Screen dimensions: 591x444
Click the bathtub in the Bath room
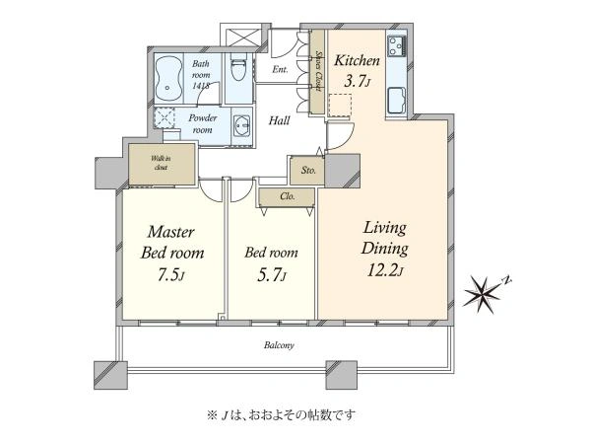click(168, 79)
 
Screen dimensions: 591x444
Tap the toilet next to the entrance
click(238, 67)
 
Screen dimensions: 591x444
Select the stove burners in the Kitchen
click(397, 46)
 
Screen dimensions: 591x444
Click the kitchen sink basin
click(396, 100)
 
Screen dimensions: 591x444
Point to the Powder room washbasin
click(241, 125)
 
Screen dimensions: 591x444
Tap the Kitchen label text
click(357, 60)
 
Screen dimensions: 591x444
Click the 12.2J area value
click(385, 269)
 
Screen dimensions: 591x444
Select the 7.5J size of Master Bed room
click(171, 275)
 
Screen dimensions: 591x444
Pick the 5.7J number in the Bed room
click(271, 275)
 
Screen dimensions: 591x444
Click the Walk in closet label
click(161, 163)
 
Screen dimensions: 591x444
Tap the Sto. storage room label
click(308, 171)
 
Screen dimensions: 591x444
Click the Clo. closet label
click(288, 196)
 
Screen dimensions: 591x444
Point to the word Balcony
click(279, 345)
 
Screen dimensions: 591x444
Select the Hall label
click(280, 120)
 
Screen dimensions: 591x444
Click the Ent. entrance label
click(280, 69)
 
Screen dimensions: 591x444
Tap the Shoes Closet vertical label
click(319, 71)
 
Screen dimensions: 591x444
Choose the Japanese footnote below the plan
click(281, 415)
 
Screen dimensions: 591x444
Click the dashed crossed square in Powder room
click(164, 117)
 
